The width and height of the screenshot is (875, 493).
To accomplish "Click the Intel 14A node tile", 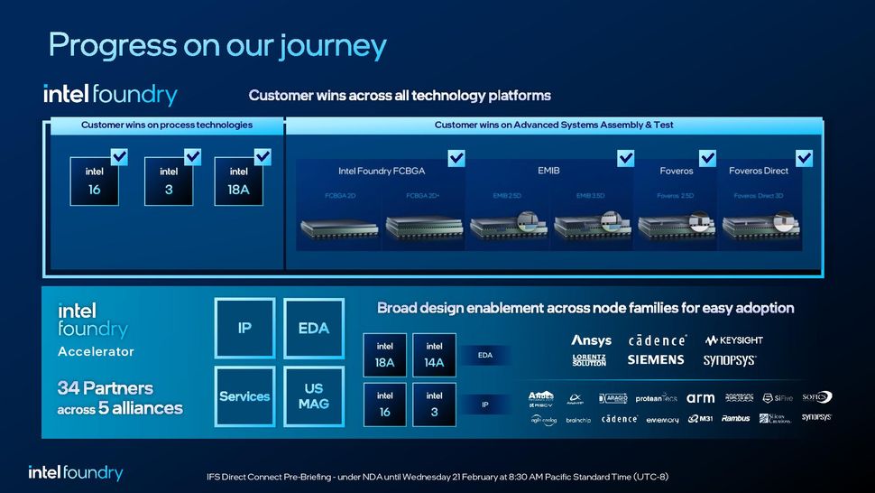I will coord(434,355).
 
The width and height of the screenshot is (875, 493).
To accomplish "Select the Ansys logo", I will coord(591,340).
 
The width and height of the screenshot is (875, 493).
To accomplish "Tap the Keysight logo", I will coord(733,340).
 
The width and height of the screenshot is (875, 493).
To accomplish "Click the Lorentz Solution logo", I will coord(589,360).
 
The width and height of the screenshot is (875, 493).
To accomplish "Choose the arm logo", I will coord(700,397).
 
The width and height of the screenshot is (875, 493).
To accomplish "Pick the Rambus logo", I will coord(735,418).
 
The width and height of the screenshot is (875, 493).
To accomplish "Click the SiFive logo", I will coord(778,397).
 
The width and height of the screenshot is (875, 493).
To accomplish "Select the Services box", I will coord(244,396).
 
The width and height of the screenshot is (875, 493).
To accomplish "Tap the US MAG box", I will coord(314,396).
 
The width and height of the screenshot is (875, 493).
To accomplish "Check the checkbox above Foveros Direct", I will coord(804,158).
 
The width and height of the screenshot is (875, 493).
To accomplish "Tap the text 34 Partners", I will coord(106,388).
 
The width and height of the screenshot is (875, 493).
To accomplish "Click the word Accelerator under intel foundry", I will coord(96,351).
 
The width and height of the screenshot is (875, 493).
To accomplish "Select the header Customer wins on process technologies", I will coord(167,125).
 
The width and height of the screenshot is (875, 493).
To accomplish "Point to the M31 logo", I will coord(700,418).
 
